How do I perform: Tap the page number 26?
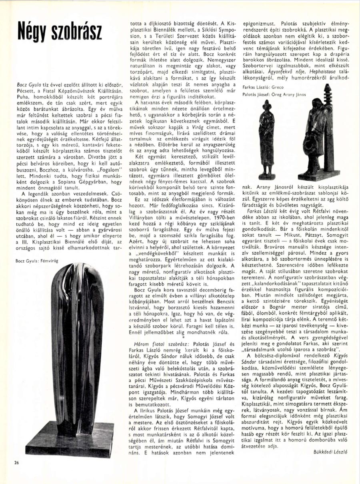[x=16, y=463]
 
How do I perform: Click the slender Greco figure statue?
[x=266, y=138]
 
